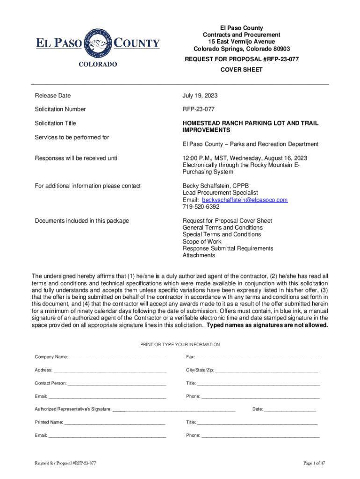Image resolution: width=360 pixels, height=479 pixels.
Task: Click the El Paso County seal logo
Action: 98,44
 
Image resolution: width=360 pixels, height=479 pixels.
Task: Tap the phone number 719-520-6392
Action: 200,207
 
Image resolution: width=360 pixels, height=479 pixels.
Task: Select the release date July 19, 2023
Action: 200,95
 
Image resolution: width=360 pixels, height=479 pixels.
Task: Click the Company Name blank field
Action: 117,357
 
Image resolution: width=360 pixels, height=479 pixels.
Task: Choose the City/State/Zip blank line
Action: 266,370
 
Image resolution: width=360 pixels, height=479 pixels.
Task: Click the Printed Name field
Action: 115,422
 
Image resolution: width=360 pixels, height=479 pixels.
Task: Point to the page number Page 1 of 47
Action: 314,463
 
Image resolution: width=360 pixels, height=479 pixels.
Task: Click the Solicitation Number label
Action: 60,109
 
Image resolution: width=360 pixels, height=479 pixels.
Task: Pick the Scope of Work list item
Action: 202,241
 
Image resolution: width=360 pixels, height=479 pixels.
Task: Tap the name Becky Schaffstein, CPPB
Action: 212,186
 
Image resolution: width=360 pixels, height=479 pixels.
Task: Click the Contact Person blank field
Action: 117,383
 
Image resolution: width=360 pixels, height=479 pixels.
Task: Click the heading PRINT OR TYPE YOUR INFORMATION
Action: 180,344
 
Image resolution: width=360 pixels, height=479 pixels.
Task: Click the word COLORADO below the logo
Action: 98,64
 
